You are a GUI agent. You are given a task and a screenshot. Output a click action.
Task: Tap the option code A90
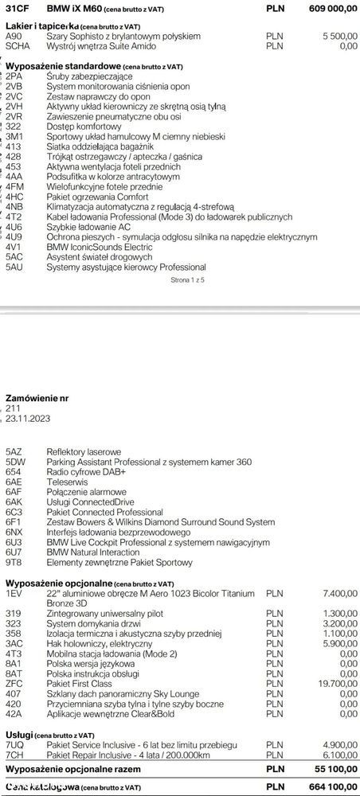click(14, 37)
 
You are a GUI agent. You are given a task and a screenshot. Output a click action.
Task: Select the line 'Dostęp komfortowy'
click(84, 126)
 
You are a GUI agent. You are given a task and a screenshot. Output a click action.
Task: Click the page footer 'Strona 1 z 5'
click(188, 281)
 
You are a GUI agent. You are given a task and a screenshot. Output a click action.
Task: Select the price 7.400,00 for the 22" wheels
click(338, 593)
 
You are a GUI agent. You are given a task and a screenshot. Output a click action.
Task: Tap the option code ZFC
click(14, 682)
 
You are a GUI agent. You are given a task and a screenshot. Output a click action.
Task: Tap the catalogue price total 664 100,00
click(330, 786)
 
